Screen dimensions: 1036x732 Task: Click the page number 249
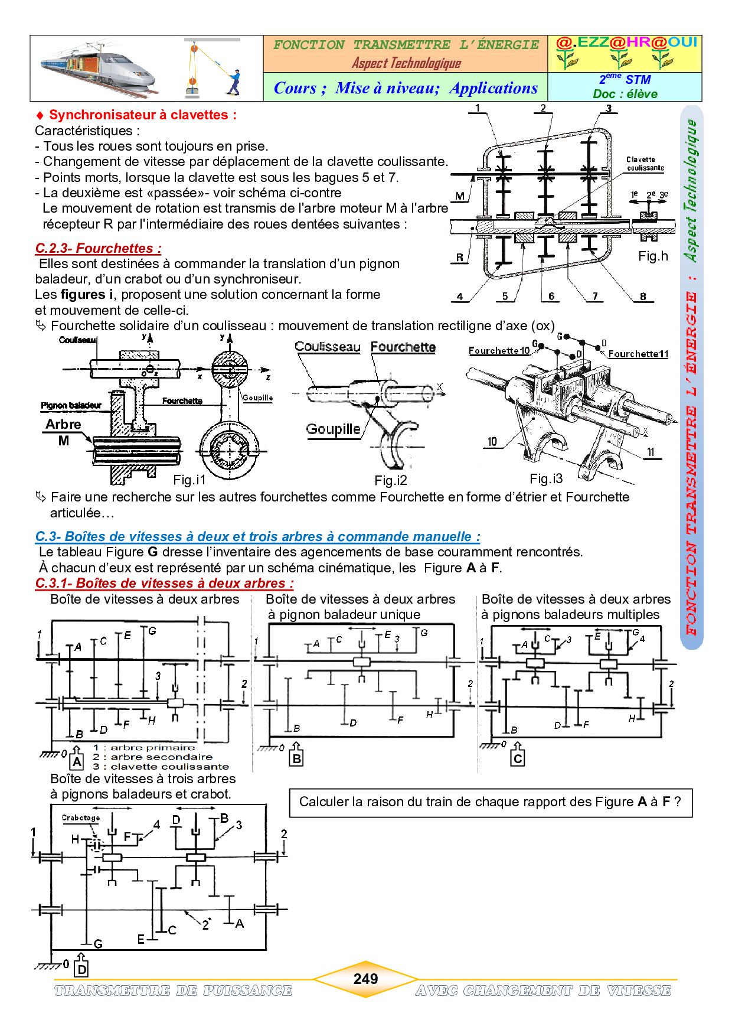pyautogui.click(x=365, y=979)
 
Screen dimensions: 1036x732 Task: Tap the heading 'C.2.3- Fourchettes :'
pyautogui.click(x=98, y=248)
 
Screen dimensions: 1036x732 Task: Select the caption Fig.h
pyautogui.click(x=653, y=256)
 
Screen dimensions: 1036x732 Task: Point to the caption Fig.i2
pyautogui.click(x=391, y=480)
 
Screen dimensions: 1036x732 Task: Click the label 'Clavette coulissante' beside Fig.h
pyautogui.click(x=645, y=164)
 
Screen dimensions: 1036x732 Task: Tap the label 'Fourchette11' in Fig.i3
pyautogui.click(x=638, y=354)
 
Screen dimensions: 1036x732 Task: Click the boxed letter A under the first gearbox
pyautogui.click(x=77, y=761)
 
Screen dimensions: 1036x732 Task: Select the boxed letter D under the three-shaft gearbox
pyautogui.click(x=82, y=969)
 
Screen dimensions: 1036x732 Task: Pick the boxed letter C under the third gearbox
pyautogui.click(x=518, y=758)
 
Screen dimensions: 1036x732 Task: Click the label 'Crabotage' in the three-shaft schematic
pyautogui.click(x=81, y=818)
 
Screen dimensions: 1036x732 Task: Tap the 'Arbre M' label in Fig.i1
pyautogui.click(x=63, y=432)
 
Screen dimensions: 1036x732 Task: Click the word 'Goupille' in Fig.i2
pyautogui.click(x=333, y=429)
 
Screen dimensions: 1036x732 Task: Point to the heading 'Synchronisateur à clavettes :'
pyautogui.click(x=142, y=115)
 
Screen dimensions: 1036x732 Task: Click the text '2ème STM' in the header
pyautogui.click(x=625, y=79)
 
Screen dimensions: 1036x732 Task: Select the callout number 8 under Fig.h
pyautogui.click(x=643, y=297)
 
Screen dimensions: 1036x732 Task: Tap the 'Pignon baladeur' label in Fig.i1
pyautogui.click(x=71, y=405)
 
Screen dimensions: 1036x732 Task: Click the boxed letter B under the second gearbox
pyautogui.click(x=297, y=758)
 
